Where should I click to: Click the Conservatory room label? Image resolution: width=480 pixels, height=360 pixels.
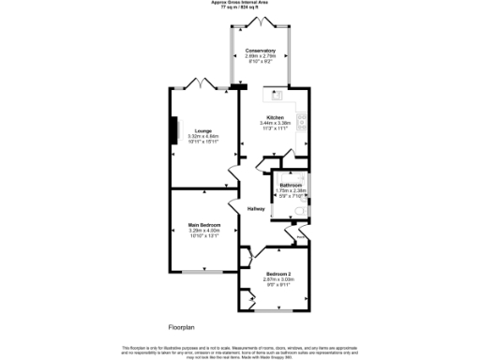tap(260, 50)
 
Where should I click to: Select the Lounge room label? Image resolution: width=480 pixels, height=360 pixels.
tap(202, 130)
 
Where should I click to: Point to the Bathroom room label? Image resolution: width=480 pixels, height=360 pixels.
tap(291, 185)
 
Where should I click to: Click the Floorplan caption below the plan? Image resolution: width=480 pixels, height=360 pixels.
tap(186, 326)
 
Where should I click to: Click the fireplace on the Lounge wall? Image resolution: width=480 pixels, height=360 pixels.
tap(172, 129)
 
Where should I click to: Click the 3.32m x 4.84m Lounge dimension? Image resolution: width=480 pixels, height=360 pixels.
tap(202, 136)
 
